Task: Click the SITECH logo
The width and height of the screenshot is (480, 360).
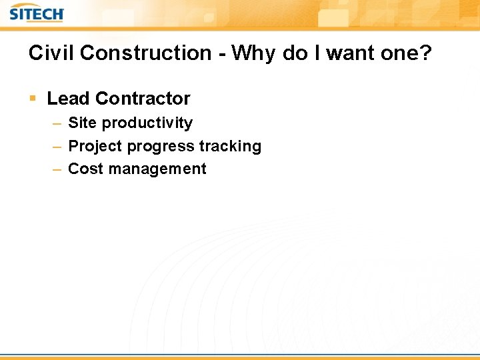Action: point(37,13)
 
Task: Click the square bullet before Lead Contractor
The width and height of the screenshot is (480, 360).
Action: point(33,99)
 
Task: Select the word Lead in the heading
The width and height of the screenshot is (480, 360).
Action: point(68,99)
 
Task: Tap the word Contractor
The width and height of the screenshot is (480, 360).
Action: point(143,99)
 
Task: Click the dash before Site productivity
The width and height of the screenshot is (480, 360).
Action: point(58,123)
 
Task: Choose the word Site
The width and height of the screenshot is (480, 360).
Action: point(83,123)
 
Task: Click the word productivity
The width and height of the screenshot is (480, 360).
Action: point(147,123)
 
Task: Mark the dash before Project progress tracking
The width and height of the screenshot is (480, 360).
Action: point(58,147)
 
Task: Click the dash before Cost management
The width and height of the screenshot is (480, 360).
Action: point(58,169)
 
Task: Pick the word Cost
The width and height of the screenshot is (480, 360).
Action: point(85,169)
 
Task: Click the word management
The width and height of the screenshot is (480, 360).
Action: point(157,169)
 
